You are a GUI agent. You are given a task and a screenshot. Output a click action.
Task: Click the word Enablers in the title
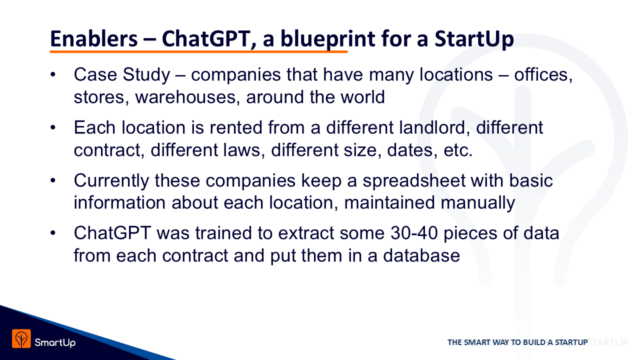click(x=94, y=38)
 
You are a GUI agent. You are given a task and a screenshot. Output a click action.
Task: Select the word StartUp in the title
click(x=474, y=40)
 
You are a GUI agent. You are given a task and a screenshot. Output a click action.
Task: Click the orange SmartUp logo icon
click(x=21, y=338)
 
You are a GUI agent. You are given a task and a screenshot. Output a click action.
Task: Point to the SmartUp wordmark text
click(x=55, y=342)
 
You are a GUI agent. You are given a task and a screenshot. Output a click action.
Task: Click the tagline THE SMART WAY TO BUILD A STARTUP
click(x=517, y=342)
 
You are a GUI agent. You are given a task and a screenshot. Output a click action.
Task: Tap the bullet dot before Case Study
click(x=53, y=74)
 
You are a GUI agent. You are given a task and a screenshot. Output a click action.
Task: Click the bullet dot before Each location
click(x=53, y=127)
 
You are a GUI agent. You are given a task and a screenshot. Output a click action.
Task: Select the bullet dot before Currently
click(x=53, y=180)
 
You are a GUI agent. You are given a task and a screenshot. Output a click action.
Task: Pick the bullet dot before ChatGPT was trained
click(x=53, y=233)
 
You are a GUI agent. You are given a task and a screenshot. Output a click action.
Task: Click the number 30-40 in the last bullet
click(x=414, y=233)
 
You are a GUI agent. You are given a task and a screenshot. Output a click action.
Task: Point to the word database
click(x=421, y=255)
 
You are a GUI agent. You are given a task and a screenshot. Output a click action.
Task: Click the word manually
click(x=477, y=203)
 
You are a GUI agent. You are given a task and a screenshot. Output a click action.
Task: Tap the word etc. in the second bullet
click(x=457, y=150)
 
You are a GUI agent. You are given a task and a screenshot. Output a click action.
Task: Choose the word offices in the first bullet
click(x=543, y=75)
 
